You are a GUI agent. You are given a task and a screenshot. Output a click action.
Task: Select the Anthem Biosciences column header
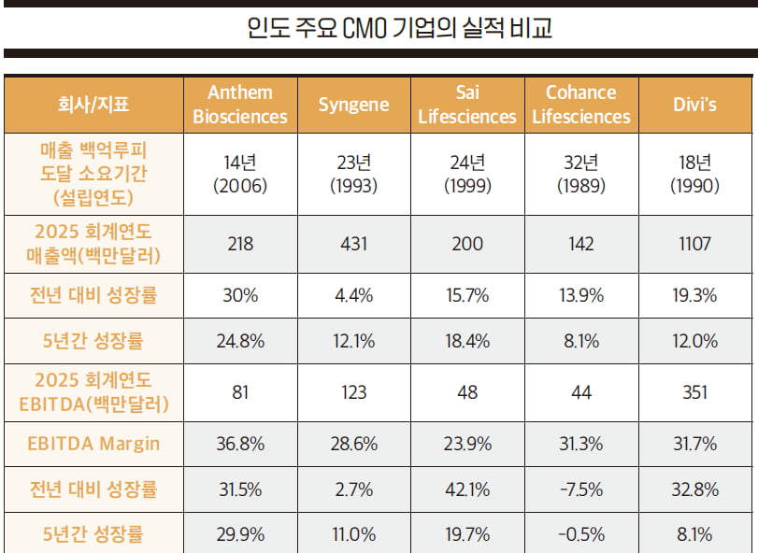point(240,105)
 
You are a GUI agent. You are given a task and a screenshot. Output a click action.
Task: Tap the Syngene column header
point(353,105)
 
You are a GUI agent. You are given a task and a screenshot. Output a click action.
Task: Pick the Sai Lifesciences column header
point(466,105)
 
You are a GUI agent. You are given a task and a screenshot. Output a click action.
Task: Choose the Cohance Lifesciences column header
point(580,105)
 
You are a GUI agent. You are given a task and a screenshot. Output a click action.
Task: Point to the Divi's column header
point(694,105)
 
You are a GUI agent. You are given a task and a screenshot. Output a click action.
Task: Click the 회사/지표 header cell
point(93,105)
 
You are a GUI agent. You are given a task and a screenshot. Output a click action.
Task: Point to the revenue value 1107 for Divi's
point(694,245)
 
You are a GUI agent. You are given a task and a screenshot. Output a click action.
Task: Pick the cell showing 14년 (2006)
point(240,174)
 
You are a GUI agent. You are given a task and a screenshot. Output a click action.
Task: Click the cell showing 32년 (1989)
point(580,174)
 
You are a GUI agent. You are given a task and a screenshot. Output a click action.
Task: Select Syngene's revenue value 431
point(353,245)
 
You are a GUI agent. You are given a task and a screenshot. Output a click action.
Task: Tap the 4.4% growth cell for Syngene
point(353,295)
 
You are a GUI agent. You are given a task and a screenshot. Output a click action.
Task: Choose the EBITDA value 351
point(694,392)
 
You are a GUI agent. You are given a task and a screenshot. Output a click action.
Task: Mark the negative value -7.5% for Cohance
point(580,489)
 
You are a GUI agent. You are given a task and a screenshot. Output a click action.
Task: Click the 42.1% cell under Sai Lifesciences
point(466,489)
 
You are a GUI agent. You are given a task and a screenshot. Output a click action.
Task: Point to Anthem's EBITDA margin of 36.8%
point(240,444)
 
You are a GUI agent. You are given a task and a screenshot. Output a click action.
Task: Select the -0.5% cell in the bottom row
point(580,535)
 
